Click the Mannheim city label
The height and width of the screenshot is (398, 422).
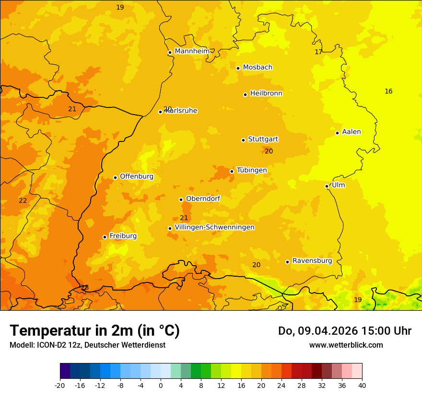192,51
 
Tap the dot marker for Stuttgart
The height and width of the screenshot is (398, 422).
243,140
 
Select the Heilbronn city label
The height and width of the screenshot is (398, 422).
266,94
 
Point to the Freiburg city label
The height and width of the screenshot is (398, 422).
123,236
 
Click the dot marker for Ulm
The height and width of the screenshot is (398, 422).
327,186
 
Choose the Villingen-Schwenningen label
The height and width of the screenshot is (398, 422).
214,227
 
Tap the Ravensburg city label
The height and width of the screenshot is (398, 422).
312,261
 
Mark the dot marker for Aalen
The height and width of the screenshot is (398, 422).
337,133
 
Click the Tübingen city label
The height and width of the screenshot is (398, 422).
251,170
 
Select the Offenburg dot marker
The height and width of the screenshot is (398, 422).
115,177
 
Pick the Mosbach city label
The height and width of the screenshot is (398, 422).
258,68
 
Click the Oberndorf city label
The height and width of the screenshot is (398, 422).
203,199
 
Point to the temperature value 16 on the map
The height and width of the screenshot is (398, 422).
388,91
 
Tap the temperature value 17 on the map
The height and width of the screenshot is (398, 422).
318,52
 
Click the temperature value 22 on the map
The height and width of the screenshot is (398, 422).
23,200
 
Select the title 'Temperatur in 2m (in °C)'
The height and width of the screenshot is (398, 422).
94,330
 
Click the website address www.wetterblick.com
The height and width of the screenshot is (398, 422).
346,345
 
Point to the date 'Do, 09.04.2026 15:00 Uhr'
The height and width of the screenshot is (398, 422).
344,331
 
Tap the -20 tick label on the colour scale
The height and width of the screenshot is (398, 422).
60,385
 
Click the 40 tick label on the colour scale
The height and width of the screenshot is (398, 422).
362,385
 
